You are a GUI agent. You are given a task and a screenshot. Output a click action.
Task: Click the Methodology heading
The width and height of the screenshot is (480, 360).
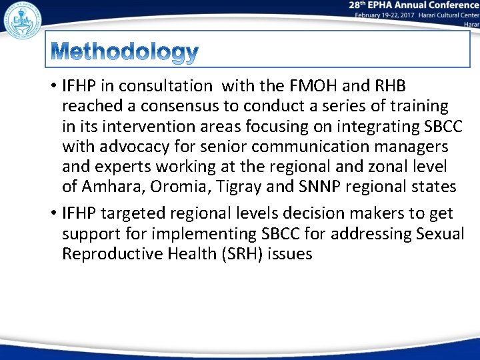point(124,52)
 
